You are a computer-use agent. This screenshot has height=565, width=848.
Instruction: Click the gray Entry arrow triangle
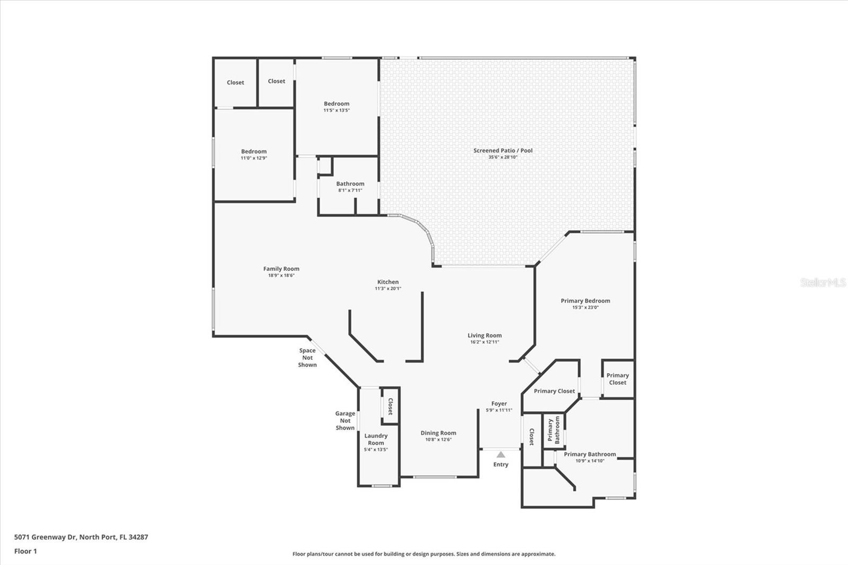click(x=501, y=454)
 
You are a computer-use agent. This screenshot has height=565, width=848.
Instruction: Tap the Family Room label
click(x=281, y=269)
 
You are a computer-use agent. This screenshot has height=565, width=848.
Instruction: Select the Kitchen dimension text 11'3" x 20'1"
click(x=388, y=288)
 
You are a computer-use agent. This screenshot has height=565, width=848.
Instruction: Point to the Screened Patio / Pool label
click(x=503, y=151)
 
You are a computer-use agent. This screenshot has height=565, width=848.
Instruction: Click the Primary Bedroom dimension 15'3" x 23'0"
click(x=585, y=307)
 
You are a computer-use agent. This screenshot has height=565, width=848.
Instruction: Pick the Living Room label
click(x=484, y=336)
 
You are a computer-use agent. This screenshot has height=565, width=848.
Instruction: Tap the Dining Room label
click(x=438, y=433)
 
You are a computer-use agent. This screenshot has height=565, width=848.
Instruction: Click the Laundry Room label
click(x=376, y=439)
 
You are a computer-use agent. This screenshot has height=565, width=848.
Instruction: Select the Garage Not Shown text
click(x=345, y=421)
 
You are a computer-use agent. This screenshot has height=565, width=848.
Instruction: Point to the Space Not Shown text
click(x=307, y=357)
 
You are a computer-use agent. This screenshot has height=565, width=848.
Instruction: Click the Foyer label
click(x=499, y=404)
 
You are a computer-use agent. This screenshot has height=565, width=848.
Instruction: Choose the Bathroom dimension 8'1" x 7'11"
click(x=350, y=190)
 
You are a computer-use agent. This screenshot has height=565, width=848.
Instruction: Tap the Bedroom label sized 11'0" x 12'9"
click(x=254, y=152)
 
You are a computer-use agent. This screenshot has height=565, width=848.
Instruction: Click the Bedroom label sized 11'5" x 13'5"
click(x=337, y=104)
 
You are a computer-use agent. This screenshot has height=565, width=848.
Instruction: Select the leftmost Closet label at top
click(x=235, y=83)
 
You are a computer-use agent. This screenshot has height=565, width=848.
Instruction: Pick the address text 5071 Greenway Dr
click(x=46, y=537)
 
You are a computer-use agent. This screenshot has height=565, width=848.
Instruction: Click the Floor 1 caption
click(x=26, y=551)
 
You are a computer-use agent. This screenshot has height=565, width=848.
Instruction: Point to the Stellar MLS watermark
click(x=823, y=282)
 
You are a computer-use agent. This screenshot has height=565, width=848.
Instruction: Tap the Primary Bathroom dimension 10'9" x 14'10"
click(x=590, y=461)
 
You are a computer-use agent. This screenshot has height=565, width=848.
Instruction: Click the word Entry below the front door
click(x=501, y=465)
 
